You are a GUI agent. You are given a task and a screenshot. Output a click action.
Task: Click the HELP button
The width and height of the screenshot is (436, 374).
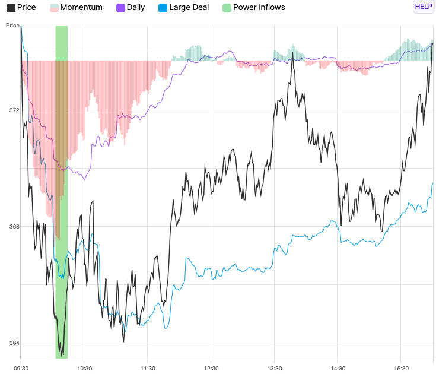pyautogui.click(x=424, y=7)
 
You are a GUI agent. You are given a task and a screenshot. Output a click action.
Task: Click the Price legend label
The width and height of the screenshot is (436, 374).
pyautogui.click(x=27, y=8)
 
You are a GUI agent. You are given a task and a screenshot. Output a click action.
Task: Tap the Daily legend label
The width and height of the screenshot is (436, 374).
pyautogui.click(x=136, y=8)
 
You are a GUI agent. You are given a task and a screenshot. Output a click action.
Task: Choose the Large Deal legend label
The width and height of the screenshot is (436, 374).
pyautogui.click(x=189, y=8)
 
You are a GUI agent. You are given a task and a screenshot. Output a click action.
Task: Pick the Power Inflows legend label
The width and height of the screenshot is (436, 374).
pyautogui.click(x=259, y=8)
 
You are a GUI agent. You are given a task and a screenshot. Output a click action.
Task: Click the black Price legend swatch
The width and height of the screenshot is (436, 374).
pyautogui.click(x=11, y=8)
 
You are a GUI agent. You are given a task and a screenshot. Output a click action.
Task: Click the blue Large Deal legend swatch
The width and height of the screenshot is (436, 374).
pyautogui.click(x=162, y=8)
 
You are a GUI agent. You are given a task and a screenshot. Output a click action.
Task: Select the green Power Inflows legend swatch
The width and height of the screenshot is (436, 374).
pyautogui.click(x=227, y=8)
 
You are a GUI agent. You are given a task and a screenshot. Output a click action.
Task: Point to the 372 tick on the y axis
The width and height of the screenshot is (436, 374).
pyautogui.click(x=14, y=110)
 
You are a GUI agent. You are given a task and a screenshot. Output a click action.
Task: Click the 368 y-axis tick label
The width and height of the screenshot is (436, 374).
pyautogui.click(x=14, y=227)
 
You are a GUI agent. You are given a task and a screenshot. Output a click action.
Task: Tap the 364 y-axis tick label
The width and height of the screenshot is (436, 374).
pyautogui.click(x=14, y=343)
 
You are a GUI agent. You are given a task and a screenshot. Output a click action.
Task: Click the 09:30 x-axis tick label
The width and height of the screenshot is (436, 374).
pyautogui.click(x=21, y=368)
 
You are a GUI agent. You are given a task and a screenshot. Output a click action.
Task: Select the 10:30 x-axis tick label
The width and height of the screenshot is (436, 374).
pyautogui.click(x=84, y=368)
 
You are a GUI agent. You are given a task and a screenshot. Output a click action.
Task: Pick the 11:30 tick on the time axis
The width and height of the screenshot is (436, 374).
pyautogui.click(x=148, y=368)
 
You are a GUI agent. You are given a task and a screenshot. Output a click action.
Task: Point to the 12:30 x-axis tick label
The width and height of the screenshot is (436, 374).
pyautogui.click(x=211, y=368)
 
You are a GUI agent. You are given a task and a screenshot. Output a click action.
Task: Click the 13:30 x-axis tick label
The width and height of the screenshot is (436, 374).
pyautogui.click(x=275, y=368)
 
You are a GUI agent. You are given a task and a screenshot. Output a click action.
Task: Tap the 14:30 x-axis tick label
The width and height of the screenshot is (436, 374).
pyautogui.click(x=338, y=368)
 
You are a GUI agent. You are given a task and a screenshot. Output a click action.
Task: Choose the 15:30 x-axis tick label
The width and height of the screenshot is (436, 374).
pyautogui.click(x=401, y=368)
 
